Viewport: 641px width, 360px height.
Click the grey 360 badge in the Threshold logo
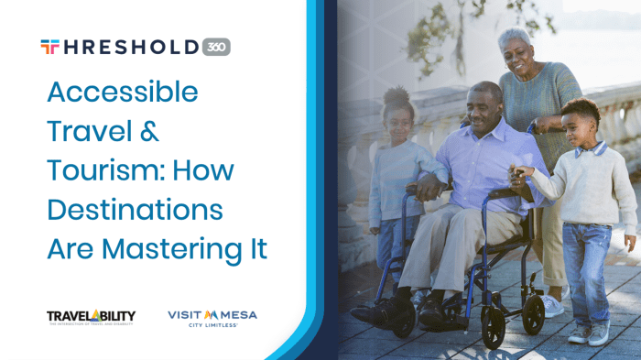[216, 47]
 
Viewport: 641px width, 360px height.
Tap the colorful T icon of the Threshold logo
[49, 47]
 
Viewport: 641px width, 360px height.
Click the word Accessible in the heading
[122, 93]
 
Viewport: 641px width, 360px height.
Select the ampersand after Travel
[149, 132]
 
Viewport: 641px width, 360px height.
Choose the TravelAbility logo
[91, 318]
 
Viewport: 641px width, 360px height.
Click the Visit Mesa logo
[212, 315]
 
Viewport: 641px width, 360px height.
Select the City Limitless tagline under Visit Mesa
[212, 325]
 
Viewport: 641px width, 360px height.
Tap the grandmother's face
[518, 55]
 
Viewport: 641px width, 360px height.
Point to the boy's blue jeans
[586, 266]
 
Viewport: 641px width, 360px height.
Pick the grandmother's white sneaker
[552, 305]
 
